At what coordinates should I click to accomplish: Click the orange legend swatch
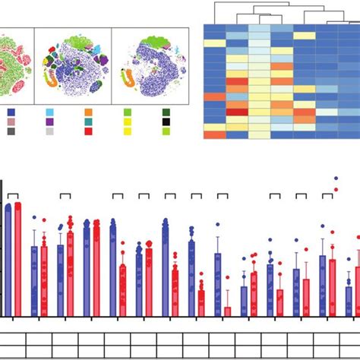point(88,112)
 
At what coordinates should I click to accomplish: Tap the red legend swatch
point(88,131)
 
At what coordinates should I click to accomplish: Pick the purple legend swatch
point(49,122)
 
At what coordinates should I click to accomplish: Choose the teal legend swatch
point(88,122)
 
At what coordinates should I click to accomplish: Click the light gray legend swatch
point(49,131)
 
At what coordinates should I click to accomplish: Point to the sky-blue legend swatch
point(49,112)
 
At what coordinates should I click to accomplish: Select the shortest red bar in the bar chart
point(227,311)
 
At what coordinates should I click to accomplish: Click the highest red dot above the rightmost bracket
point(336,179)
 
